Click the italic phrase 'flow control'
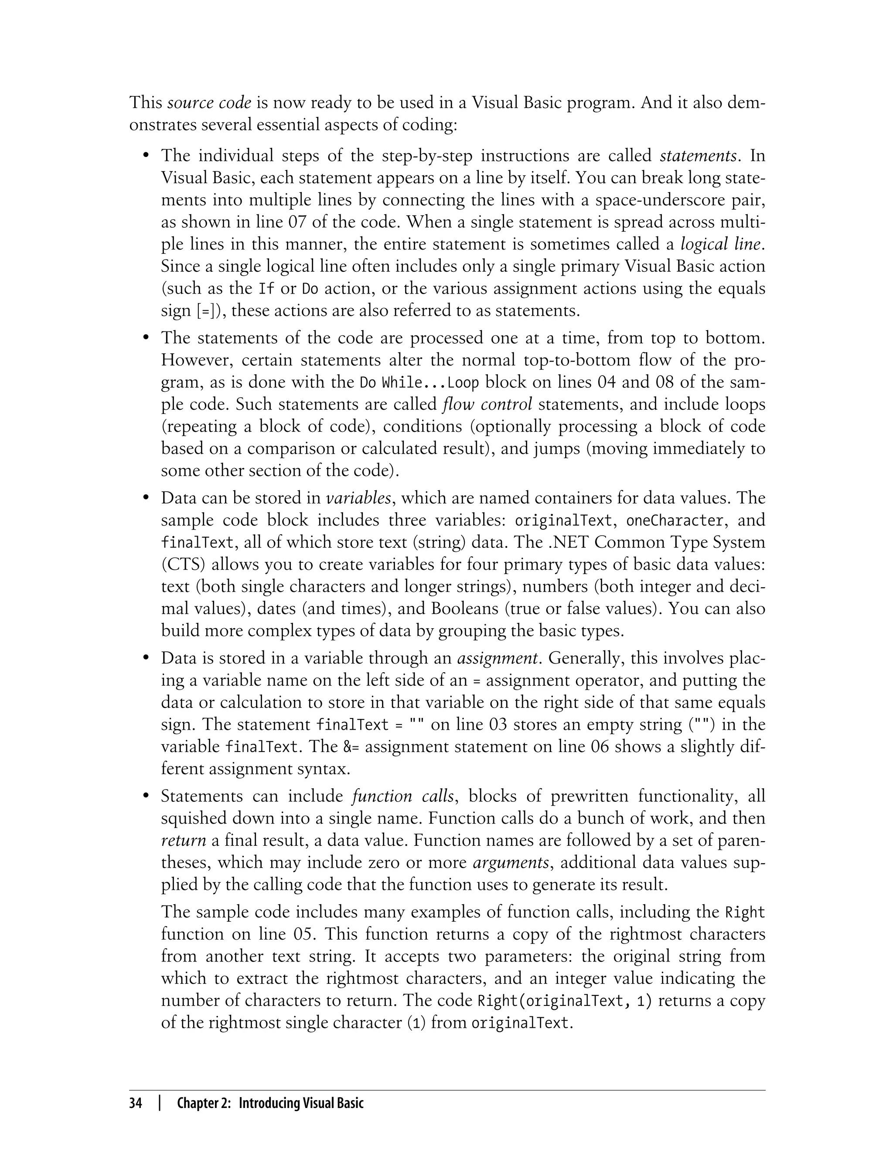pos(487,405)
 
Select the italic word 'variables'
pos(358,498)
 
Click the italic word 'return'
pos(184,841)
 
